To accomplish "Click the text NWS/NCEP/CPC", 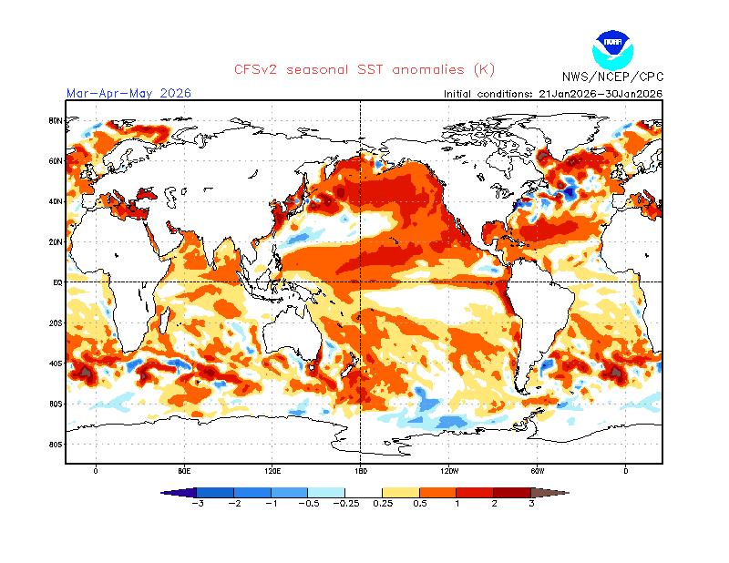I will point(612,77).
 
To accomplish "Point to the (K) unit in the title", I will point(484,69).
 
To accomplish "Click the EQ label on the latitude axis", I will point(56,282).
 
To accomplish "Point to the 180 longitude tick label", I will point(361,471).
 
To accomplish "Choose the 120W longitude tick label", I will point(448,471).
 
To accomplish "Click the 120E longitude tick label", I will point(272,471).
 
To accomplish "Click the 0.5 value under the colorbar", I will point(419,503).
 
